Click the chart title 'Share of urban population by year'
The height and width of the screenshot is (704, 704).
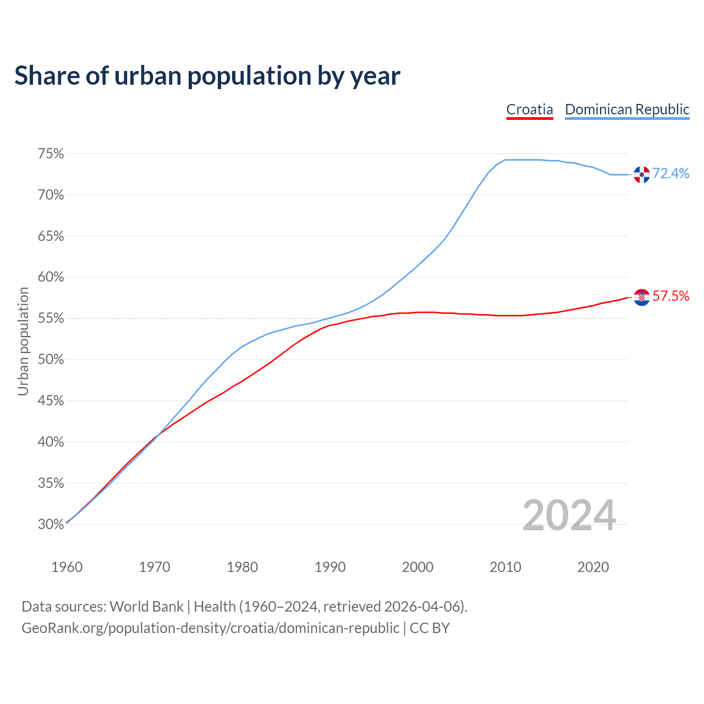coord(207,76)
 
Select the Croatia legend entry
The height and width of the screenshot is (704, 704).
coord(530,109)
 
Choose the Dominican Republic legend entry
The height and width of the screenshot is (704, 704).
coord(627,109)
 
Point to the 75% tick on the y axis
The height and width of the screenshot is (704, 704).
coord(51,154)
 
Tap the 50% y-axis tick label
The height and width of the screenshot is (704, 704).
coord(51,360)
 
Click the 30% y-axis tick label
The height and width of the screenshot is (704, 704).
coord(51,524)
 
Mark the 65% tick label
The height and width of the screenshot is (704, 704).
coord(51,237)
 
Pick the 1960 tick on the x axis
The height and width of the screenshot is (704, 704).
coord(67,567)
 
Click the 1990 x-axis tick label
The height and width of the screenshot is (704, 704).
coord(330,567)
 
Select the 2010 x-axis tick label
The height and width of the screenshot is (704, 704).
coord(505,567)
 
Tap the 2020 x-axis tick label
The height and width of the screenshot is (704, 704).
coord(593,567)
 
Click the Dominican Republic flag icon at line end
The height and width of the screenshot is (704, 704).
coord(641,174)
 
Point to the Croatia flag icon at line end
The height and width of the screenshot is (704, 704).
coord(641,297)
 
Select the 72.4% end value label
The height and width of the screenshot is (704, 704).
coord(671,174)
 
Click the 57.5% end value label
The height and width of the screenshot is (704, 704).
coord(671,296)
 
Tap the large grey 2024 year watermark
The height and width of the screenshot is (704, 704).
coord(569,516)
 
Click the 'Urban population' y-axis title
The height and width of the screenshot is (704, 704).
coord(23,341)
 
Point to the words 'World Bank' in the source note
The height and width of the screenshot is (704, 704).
coord(146,607)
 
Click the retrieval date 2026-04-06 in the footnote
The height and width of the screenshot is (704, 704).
coord(422,607)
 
